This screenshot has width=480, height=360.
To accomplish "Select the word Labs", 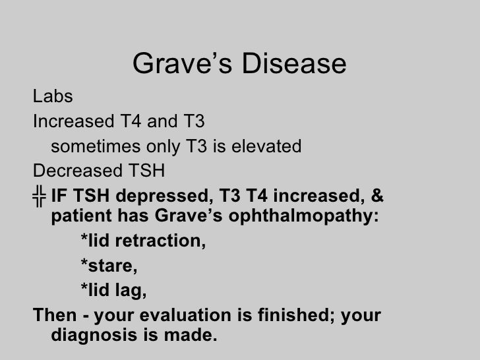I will click(x=53, y=97).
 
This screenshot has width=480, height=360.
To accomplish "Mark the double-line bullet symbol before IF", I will click(x=40, y=196).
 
